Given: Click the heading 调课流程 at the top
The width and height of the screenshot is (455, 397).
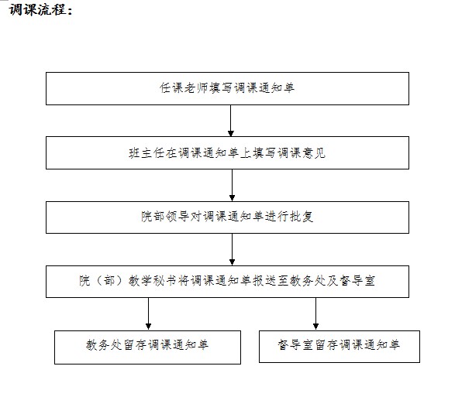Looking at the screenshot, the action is pos(40,10).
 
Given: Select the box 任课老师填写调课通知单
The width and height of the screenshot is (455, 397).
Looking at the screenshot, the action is pos(228,89).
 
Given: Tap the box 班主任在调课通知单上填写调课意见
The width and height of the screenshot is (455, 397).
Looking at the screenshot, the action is pos(228,153).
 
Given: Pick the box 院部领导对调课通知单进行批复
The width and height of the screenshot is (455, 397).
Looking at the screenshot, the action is pos(228,217).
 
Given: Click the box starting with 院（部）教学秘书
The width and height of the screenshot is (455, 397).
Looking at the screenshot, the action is pos(228,282).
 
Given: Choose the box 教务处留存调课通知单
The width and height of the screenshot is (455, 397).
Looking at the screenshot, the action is pos(148,347).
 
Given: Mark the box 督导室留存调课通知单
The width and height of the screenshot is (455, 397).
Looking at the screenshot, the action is pos(340,347).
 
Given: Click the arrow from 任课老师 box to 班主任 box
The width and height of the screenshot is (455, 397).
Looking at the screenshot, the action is pos(231,121).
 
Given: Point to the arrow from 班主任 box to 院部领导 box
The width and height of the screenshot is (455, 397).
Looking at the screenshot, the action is pos(232,186).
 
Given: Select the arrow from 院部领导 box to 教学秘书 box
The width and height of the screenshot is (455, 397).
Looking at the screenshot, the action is pos(232,249).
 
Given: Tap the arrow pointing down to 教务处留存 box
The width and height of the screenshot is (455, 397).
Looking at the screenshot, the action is pos(148,314).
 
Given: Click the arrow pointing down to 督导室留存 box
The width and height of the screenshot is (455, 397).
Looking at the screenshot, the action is pos(316,314).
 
